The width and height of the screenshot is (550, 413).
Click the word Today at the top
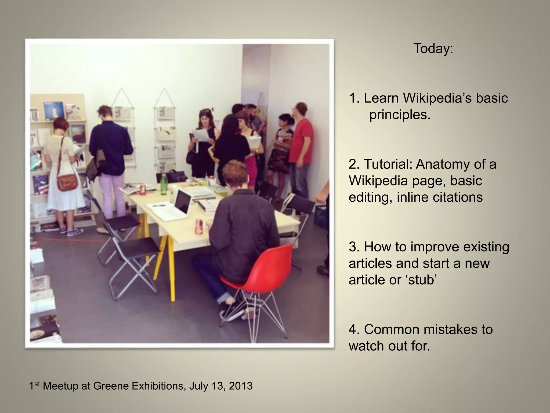[x=433, y=49]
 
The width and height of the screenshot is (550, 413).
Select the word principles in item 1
[x=400, y=115]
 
